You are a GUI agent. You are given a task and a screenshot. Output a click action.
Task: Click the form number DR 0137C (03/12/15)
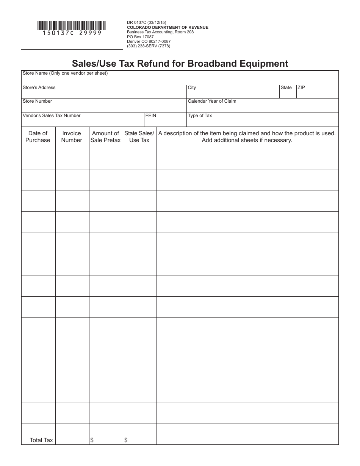147,23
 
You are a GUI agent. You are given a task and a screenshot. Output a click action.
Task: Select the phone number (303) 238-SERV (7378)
149,46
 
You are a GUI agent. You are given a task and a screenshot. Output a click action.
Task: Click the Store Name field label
65,73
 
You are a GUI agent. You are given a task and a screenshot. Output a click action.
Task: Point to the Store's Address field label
39,88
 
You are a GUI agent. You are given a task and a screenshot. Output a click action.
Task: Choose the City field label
192,88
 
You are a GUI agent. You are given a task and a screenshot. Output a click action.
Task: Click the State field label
286,88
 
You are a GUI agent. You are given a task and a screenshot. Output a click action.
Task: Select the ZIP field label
301,88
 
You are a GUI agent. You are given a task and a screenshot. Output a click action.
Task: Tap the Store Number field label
38,101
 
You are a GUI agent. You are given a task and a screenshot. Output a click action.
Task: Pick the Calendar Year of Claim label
212,101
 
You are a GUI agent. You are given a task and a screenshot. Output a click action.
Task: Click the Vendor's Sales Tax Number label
52,116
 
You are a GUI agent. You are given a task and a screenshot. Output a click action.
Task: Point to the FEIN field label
151,116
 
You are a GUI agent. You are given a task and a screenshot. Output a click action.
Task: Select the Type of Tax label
200,116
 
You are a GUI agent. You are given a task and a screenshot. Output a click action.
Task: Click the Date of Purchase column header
38,137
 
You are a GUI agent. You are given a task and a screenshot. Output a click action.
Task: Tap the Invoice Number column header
72,137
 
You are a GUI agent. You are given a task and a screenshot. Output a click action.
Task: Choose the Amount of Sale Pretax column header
105,137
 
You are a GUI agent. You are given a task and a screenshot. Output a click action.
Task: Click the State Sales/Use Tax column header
139,137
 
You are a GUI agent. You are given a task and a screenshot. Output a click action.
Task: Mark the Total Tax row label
41,440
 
